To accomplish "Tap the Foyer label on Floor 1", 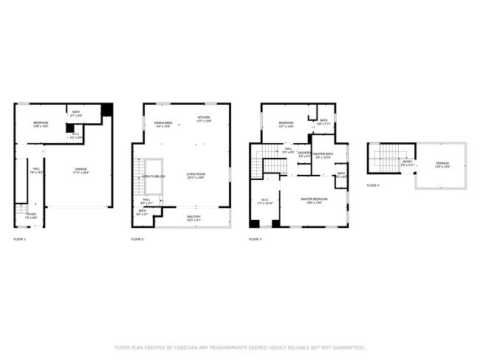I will [31, 215].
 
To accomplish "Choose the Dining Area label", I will [163, 124].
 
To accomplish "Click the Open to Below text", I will [154, 177].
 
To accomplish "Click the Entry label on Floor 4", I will [407, 162].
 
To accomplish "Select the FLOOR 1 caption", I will [20, 240].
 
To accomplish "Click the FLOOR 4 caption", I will [373, 185].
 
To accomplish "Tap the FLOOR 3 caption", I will [255, 240].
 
